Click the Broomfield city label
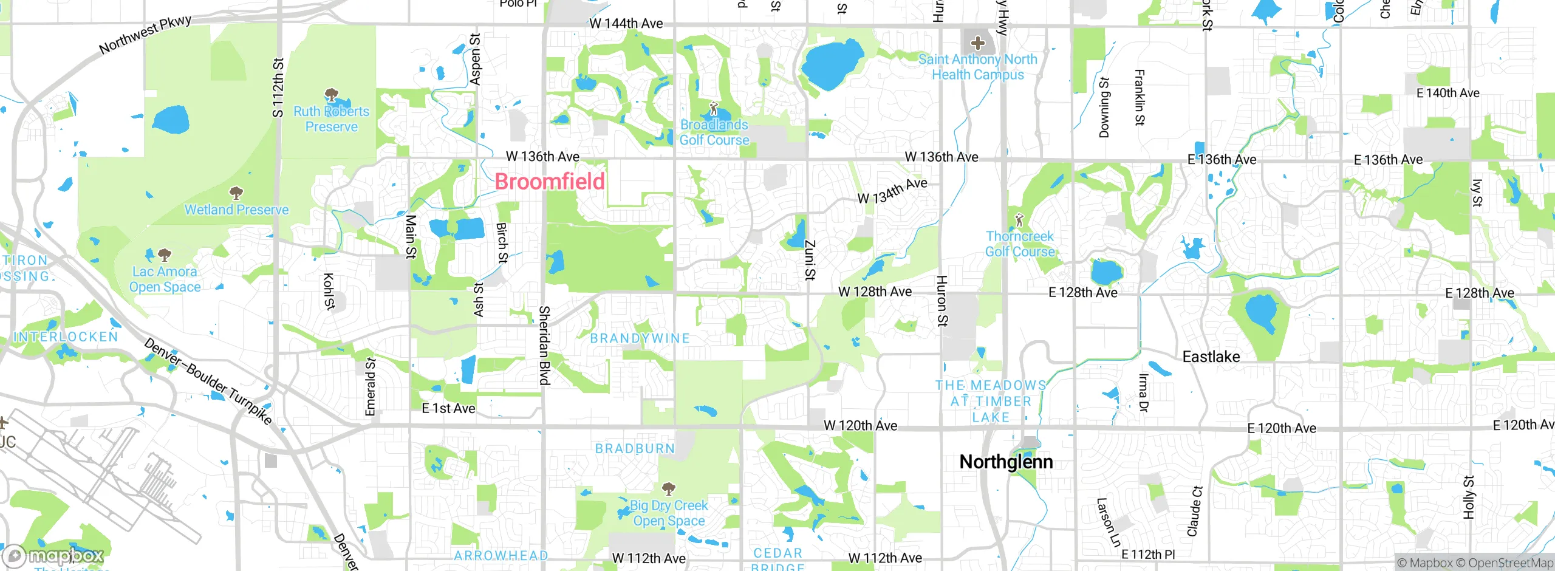coord(550,181)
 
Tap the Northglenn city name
coord(1006,462)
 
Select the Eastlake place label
coord(1211,357)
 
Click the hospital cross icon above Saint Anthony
coord(977,43)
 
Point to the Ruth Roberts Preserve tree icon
coord(331,95)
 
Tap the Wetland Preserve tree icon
coord(236,193)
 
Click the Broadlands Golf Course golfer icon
coord(714,109)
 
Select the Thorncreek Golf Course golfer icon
coord(1019,219)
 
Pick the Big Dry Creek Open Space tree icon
coord(668,488)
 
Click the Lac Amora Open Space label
coord(165,279)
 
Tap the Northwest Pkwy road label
coord(145,34)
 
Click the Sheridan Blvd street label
coord(544,345)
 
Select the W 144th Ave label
coord(626,23)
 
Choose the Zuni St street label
coord(810,260)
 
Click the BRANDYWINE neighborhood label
coord(640,338)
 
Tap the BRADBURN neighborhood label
coord(635,448)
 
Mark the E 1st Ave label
coord(448,408)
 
